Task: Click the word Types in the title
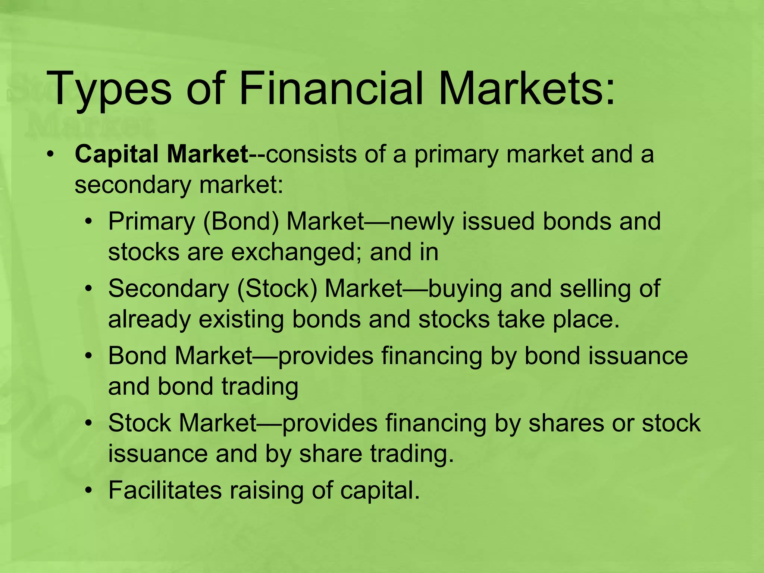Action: click(x=109, y=90)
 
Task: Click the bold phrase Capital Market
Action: click(x=161, y=154)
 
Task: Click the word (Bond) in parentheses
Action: click(x=241, y=221)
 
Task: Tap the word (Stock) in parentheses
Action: click(x=277, y=288)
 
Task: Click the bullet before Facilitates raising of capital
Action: click(x=88, y=490)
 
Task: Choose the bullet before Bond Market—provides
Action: click(x=88, y=356)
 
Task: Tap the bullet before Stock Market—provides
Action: click(x=88, y=423)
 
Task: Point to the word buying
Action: click(x=465, y=289)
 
